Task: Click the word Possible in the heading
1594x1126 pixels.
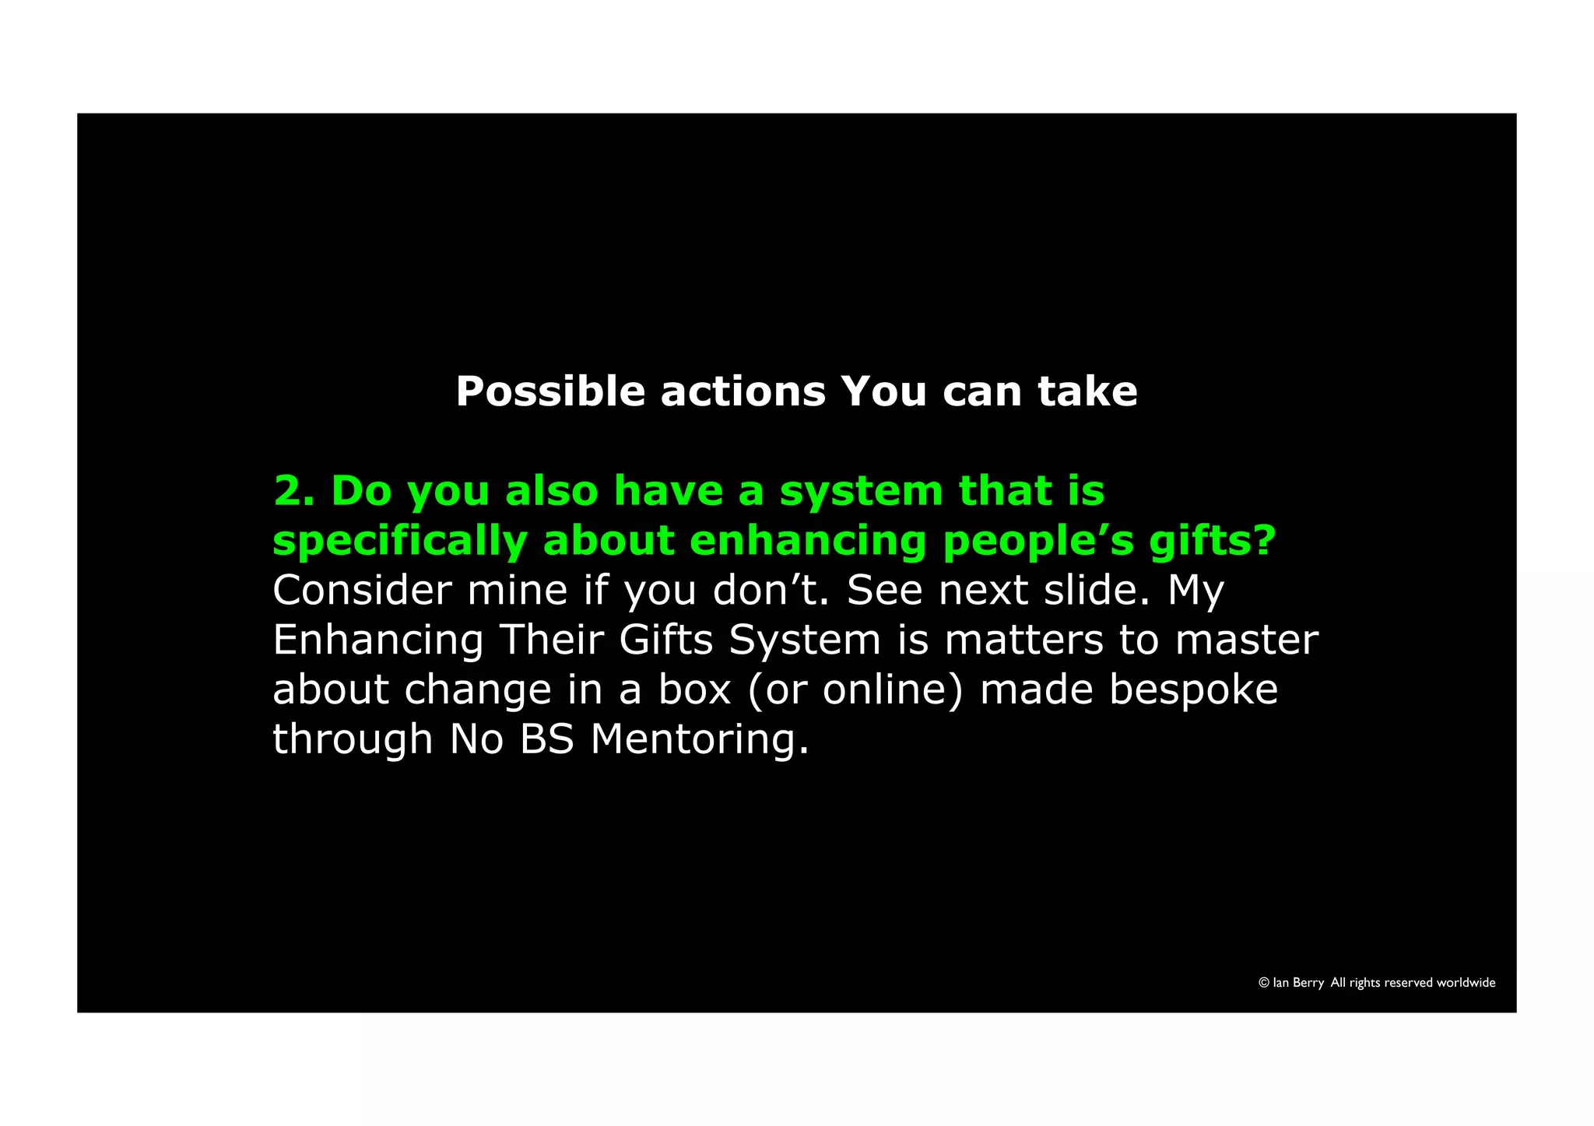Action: (x=549, y=391)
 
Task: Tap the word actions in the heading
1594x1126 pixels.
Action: (x=743, y=391)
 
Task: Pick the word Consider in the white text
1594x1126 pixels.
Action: (x=362, y=591)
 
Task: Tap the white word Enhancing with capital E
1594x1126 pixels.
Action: (x=378, y=640)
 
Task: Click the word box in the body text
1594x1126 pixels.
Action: (x=694, y=689)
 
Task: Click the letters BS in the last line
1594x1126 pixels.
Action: (x=546, y=739)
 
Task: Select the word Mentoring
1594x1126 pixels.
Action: (x=700, y=741)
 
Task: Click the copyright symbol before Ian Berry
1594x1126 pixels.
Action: (x=1264, y=983)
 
